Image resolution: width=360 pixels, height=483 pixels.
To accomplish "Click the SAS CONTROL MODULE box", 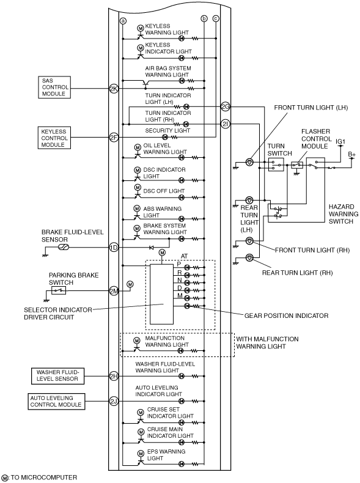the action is [54, 87].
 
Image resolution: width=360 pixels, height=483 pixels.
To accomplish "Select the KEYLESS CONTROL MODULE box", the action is [54, 138].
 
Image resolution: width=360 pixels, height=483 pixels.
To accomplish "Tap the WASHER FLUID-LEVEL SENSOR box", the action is [57, 376].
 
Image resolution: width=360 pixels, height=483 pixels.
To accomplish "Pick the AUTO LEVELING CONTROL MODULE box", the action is [56, 401].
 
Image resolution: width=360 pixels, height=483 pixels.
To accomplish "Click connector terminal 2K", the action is [114, 89].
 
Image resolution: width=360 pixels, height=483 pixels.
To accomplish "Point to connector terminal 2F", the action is [114, 138].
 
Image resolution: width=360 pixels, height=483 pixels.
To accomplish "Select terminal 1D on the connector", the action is [114, 248].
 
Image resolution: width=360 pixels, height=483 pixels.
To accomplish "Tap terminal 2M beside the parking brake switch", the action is [114, 290].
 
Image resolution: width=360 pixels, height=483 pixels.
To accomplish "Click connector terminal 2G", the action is [226, 107].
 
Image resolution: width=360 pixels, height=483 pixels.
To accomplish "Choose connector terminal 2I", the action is [226, 124].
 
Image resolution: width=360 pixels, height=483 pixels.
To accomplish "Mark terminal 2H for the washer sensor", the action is [114, 376].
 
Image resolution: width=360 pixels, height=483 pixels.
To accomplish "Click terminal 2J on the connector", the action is [114, 401].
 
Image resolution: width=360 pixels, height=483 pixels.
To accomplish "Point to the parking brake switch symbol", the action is [59, 290].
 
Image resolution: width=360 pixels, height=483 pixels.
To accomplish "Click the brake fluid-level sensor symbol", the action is [64, 247].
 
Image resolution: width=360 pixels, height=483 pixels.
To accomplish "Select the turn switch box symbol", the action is [276, 165].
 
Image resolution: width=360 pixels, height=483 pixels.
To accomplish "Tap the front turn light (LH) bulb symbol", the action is [250, 162].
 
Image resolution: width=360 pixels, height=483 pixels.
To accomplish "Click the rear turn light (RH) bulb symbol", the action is [250, 257].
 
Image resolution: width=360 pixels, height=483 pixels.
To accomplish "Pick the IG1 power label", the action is [340, 142].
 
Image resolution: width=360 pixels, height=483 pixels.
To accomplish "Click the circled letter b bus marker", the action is [204, 19].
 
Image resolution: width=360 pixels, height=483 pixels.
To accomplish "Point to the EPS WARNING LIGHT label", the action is [166, 455].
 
